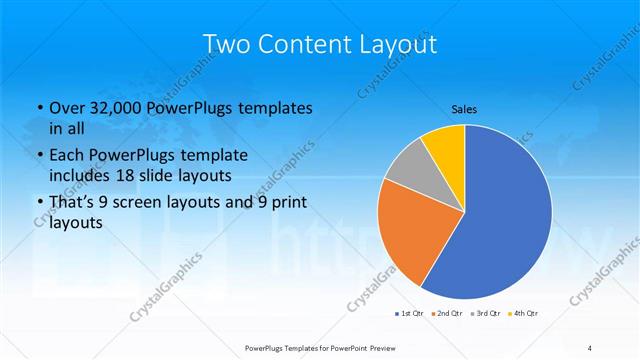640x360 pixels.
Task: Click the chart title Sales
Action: (464, 107)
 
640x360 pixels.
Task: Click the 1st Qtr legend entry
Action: (409, 314)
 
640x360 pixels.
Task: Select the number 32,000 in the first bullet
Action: (111, 108)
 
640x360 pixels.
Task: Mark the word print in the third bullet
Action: (285, 203)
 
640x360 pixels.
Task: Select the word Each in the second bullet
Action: (66, 156)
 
